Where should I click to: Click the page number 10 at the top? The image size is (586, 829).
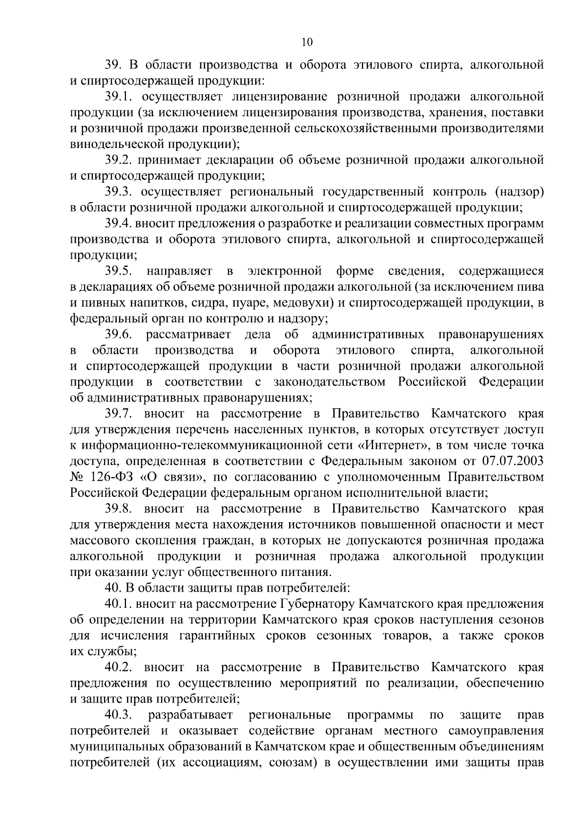[307, 42]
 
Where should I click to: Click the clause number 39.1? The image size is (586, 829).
[118, 97]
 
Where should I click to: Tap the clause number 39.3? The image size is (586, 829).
[119, 192]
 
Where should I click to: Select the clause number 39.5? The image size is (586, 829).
[119, 271]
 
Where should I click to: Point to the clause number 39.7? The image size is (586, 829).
[119, 414]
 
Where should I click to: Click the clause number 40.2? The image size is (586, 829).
[119, 667]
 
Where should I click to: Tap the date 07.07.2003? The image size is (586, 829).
[513, 461]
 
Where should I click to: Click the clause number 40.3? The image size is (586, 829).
[119, 715]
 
